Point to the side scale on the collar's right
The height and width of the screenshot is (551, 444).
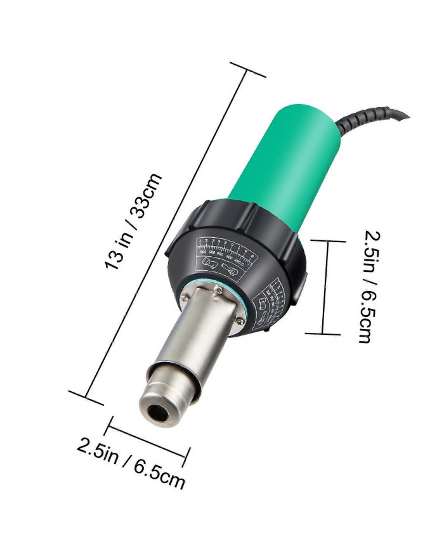coord(275,302)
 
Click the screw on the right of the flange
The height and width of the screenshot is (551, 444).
coord(240,323)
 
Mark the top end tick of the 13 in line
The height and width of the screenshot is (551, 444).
coord(248,70)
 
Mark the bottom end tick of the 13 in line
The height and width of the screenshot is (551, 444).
coord(86,398)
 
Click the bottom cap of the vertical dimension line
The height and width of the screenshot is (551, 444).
coord(323,333)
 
